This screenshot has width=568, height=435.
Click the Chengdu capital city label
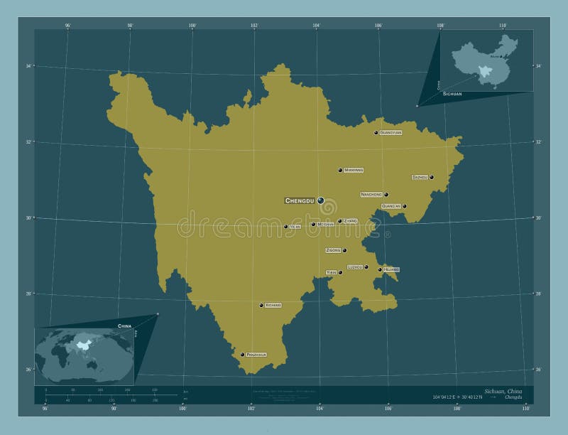[299, 201]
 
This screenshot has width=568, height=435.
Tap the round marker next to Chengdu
[321, 201]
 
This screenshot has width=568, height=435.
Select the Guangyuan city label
[390, 132]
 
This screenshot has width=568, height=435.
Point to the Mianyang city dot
[340, 171]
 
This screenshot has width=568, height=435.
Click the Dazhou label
[420, 177]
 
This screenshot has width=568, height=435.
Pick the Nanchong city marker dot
[386, 194]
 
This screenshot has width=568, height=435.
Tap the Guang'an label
[391, 206]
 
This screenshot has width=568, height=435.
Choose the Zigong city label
[333, 250]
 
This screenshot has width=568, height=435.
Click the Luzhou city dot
[366, 267]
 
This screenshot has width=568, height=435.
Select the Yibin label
[331, 272]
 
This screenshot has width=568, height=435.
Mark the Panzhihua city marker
[242, 354]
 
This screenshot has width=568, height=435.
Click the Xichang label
[273, 305]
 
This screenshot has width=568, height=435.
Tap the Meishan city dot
[313, 225]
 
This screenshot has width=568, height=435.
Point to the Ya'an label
[295, 227]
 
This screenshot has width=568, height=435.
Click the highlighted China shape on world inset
[84, 346]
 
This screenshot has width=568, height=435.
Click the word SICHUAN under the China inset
[452, 94]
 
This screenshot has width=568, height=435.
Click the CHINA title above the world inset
[125, 325]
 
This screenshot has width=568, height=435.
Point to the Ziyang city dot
[340, 221]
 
